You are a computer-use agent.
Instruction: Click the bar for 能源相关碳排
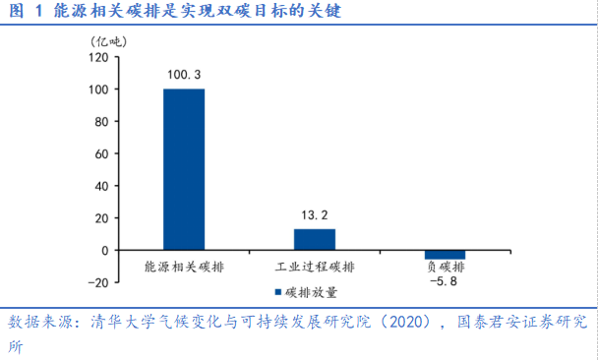point(184,169)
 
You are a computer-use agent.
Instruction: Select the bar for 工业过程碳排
point(315,239)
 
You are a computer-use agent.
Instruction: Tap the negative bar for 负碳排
point(446,255)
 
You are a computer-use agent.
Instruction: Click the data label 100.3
point(184,75)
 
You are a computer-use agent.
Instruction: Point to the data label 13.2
point(315,214)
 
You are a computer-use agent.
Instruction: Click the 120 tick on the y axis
point(96,57)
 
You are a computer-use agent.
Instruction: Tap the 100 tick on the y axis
point(96,90)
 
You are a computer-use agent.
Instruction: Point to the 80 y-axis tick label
point(99,122)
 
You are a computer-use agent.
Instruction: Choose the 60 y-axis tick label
point(99,153)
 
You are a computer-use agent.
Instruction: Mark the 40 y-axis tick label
point(99,186)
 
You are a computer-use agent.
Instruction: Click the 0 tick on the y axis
point(103,250)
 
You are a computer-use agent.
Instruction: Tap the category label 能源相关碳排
point(184,267)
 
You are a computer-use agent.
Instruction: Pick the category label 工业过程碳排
point(315,267)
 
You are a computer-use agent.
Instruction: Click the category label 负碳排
point(446,267)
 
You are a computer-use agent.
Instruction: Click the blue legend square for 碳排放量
point(278,292)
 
